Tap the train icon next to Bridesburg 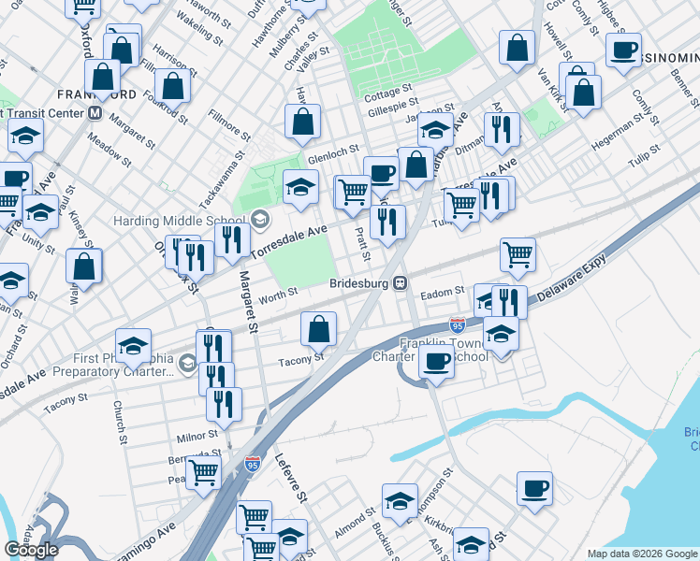click(399, 282)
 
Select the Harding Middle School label click(182, 222)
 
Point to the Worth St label click(279, 294)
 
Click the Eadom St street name click(443, 293)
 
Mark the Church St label click(119, 423)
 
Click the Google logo click(31, 549)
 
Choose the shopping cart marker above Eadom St click(518, 252)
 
